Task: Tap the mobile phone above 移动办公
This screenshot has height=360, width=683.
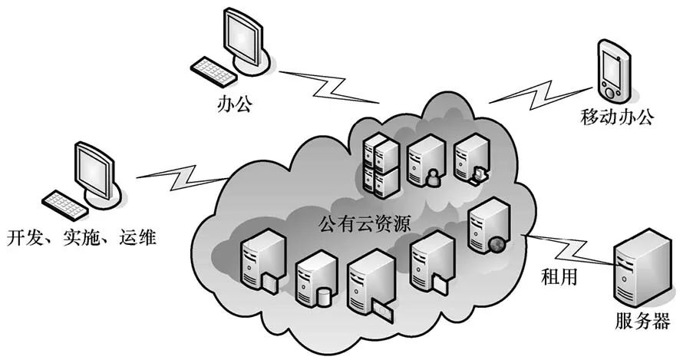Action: (x=613, y=73)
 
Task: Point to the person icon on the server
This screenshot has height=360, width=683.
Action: (x=433, y=178)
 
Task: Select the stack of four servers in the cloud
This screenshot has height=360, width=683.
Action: (x=379, y=164)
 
